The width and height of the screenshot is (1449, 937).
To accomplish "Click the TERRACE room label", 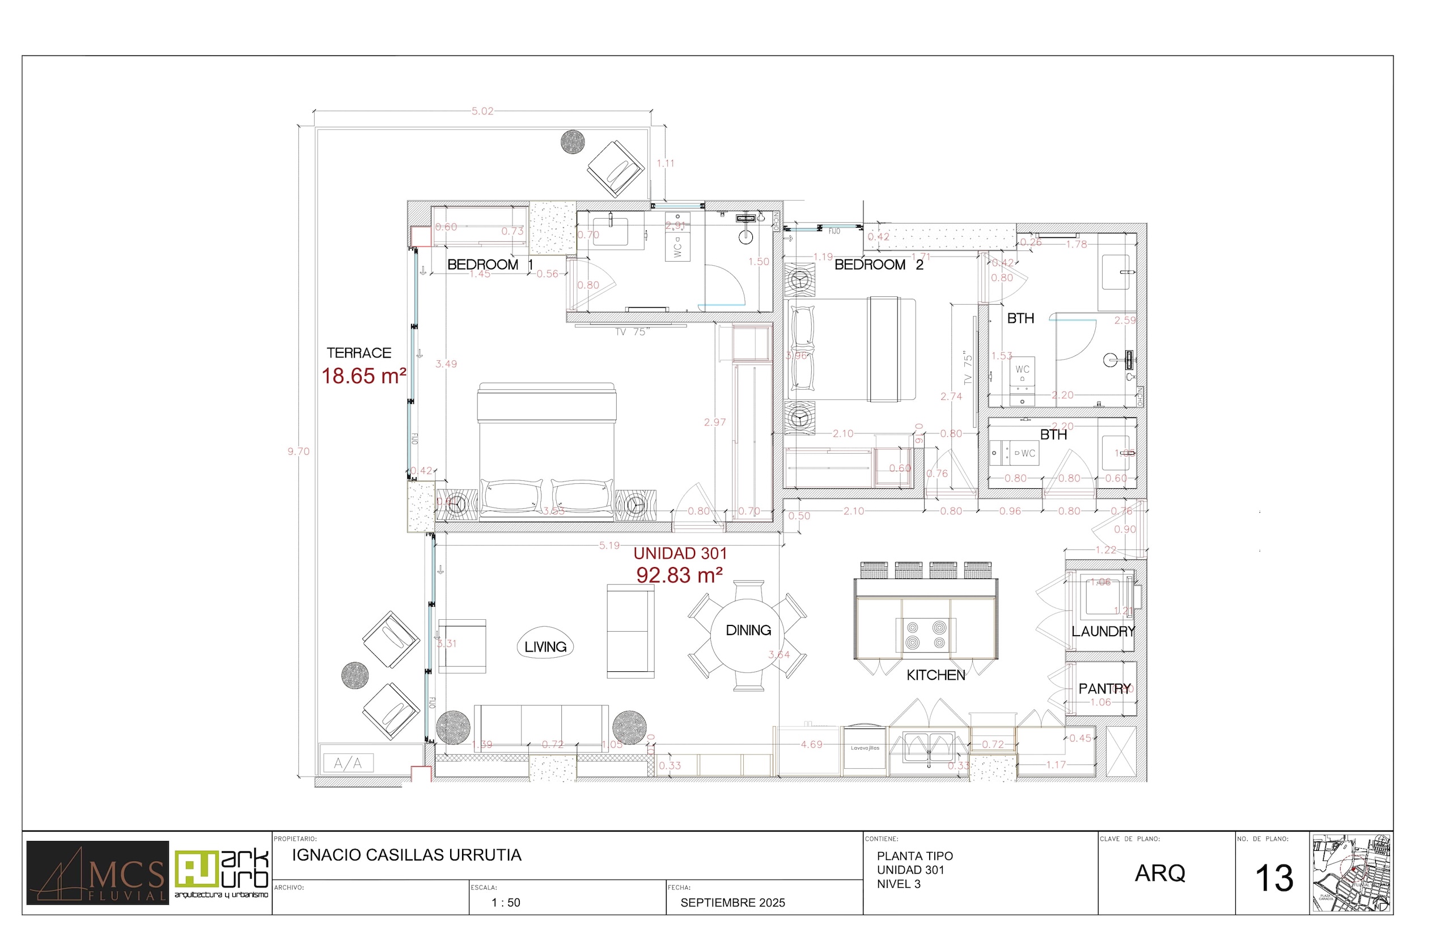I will pyautogui.click(x=359, y=353).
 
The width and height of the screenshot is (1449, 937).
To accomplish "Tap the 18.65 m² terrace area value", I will pyautogui.click(x=363, y=376).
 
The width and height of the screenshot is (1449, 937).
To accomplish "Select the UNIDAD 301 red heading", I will pyautogui.click(x=680, y=553).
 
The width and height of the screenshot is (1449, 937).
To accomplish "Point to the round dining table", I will pyautogui.click(x=748, y=635).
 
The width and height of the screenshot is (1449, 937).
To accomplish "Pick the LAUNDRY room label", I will pyautogui.click(x=1103, y=632).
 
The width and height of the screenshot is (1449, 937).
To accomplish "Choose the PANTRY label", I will pyautogui.click(x=1104, y=689).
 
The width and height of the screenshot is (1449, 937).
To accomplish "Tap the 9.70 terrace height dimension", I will pyautogui.click(x=298, y=452).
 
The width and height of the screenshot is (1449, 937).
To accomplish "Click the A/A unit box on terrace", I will pyautogui.click(x=348, y=763).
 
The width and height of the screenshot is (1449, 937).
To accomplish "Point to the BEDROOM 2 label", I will pyautogui.click(x=878, y=265).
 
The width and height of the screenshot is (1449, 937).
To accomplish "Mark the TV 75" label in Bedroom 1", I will pyautogui.click(x=632, y=332).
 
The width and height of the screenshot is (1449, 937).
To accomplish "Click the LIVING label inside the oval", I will pyautogui.click(x=545, y=647).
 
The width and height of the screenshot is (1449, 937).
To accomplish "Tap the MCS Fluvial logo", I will pyautogui.click(x=98, y=873).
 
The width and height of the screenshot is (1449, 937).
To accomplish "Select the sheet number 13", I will pyautogui.click(x=1274, y=879).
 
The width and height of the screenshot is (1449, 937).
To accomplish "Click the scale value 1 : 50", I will pyautogui.click(x=506, y=903).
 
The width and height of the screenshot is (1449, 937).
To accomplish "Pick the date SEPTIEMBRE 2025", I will pyautogui.click(x=732, y=903).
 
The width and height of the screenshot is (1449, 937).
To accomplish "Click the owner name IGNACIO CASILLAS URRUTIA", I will pyautogui.click(x=406, y=855).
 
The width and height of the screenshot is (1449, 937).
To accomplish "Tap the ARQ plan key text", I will pyautogui.click(x=1160, y=873).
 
